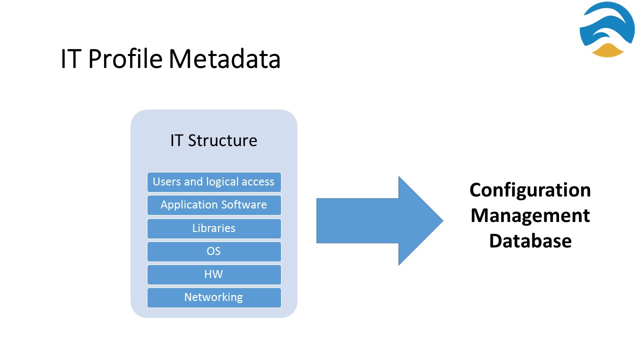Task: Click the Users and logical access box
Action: (214, 182)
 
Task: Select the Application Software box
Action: (214, 205)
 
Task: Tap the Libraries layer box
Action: (214, 228)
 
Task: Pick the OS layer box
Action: (214, 251)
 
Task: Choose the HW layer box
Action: (214, 274)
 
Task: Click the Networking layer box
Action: (214, 297)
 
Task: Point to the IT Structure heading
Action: (213, 140)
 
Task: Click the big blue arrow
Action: (379, 221)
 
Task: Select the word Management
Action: (530, 215)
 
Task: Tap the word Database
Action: (530, 241)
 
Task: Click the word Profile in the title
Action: (125, 58)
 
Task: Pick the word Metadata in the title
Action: (224, 58)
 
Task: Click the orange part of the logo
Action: (607, 50)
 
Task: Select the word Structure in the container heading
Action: (222, 140)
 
